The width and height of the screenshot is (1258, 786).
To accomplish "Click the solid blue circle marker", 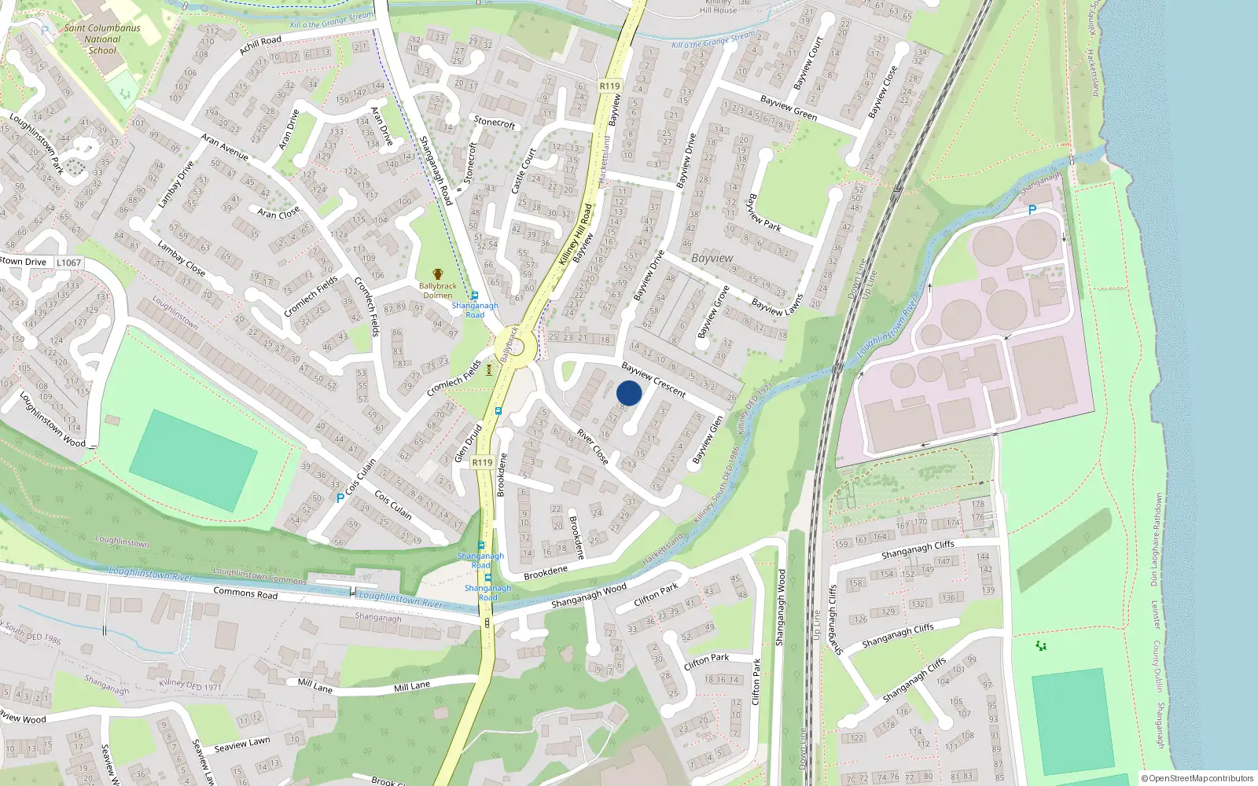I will [x=629, y=393].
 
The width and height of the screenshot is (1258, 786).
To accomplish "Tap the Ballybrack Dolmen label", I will [x=438, y=291].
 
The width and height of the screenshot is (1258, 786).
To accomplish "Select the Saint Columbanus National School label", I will [x=102, y=39].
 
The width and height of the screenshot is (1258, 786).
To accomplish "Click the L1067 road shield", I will [x=68, y=263].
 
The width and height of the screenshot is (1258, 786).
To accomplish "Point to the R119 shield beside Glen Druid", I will [x=483, y=462].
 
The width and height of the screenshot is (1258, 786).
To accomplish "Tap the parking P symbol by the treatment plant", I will [x=1032, y=210].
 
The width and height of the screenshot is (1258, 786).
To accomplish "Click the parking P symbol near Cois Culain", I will [x=340, y=498].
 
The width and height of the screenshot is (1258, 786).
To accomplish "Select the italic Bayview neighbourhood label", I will [x=712, y=258].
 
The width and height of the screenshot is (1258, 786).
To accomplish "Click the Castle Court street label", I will [x=523, y=171].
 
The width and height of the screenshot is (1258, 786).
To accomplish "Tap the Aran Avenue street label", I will [x=224, y=147].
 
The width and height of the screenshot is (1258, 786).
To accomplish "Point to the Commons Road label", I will [x=245, y=593].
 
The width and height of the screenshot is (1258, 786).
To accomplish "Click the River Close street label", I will [x=593, y=446].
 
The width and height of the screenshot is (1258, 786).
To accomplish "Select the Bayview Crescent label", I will [x=653, y=380].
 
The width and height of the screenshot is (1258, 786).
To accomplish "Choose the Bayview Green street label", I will [x=789, y=108].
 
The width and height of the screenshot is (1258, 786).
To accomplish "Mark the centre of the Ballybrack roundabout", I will [x=515, y=347].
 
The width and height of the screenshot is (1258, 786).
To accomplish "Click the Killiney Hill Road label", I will [x=575, y=234].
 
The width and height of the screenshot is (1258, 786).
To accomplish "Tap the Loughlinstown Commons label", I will [x=259, y=576].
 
